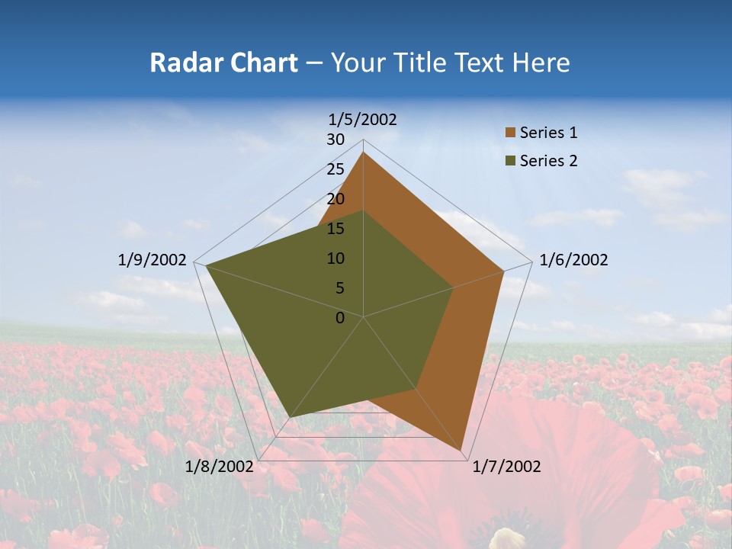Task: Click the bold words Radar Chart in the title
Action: (223, 63)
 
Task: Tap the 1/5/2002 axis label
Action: (363, 119)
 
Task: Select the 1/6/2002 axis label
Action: (573, 260)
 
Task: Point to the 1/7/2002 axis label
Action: (506, 467)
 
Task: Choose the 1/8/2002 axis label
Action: (219, 467)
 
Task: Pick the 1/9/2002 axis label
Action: (152, 260)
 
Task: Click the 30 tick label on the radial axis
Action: (335, 140)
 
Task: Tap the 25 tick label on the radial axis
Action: (335, 169)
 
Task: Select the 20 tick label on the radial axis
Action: (335, 199)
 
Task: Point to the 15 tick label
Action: (335, 229)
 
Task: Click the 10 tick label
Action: (335, 258)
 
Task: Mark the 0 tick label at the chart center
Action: (340, 318)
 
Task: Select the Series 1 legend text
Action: (548, 133)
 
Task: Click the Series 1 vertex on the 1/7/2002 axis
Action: (462, 451)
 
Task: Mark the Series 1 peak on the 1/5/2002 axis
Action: (364, 152)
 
